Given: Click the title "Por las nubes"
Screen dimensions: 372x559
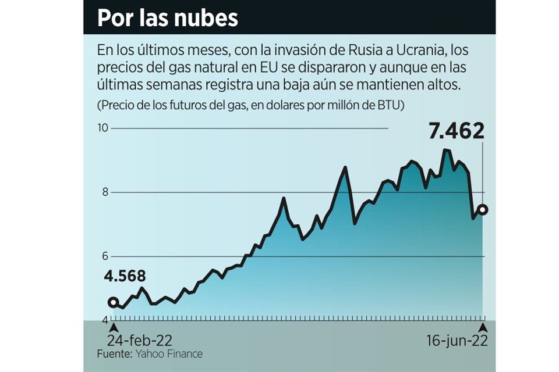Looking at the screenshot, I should [x=167, y=18].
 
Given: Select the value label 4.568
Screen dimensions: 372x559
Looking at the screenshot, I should [x=126, y=277].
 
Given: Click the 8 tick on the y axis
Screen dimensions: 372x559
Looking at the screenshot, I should [x=105, y=192].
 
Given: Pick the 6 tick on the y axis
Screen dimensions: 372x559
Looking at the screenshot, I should [x=105, y=256].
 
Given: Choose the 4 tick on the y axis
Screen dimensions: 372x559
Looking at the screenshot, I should [x=105, y=321].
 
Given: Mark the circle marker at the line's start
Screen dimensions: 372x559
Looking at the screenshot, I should [x=114, y=303].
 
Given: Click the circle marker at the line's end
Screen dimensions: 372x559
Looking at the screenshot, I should [x=483, y=210].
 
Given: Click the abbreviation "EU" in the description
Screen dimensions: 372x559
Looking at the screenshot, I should [x=274, y=67].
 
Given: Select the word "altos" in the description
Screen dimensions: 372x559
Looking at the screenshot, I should [x=444, y=84].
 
